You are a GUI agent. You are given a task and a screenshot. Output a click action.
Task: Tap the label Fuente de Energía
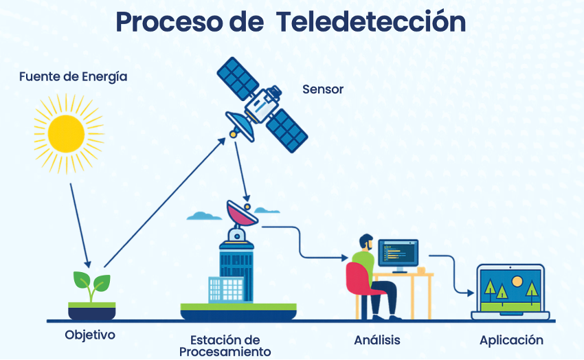pyautogui.click(x=73, y=76)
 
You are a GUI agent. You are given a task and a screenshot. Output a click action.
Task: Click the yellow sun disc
pyautogui.click(x=66, y=133)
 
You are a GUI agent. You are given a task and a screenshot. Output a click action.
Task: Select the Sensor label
pyautogui.click(x=322, y=89)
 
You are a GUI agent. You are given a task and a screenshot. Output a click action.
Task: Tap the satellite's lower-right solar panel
pyautogui.click(x=287, y=131)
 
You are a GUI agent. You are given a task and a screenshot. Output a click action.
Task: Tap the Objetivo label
pyautogui.click(x=90, y=335)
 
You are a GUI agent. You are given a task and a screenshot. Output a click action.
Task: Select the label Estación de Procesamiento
pyautogui.click(x=225, y=346)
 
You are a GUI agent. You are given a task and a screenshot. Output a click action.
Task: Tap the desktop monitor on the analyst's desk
pyautogui.click(x=397, y=254)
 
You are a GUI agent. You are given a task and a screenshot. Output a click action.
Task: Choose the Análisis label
pyautogui.click(x=377, y=340)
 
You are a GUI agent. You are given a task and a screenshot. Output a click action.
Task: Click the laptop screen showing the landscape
pyautogui.click(x=510, y=289)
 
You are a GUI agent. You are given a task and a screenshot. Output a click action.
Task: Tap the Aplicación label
pyautogui.click(x=511, y=340)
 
